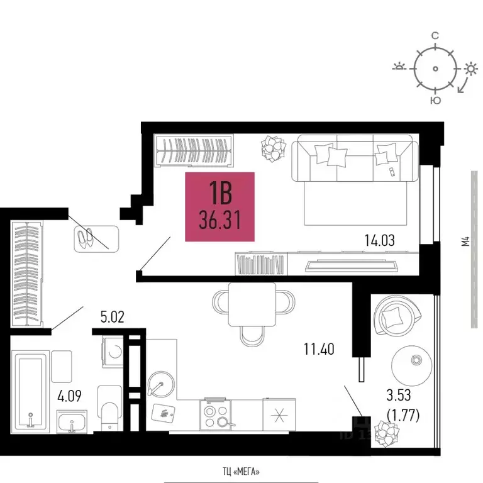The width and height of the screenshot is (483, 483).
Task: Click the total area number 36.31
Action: [x=219, y=219]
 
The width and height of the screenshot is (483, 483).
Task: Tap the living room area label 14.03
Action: [x=379, y=240]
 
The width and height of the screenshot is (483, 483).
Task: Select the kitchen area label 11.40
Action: [x=319, y=349]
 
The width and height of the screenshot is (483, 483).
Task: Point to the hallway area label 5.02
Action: [x=113, y=317]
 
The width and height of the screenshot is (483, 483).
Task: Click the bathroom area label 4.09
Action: [x=69, y=396]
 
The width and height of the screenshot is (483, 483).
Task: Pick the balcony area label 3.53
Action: [x=399, y=395]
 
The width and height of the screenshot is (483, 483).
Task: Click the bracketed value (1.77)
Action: [x=403, y=416]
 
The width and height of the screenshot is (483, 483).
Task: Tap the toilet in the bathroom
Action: [x=110, y=408]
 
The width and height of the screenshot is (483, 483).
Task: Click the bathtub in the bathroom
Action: [x=30, y=392]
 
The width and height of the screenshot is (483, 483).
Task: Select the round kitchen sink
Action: [x=160, y=384]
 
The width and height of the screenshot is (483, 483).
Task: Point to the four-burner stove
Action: [x=216, y=414]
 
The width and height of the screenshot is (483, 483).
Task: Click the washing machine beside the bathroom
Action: [x=113, y=352]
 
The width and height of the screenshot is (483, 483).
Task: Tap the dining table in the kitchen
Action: [x=252, y=304]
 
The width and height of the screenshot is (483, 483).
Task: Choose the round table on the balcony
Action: [x=411, y=365]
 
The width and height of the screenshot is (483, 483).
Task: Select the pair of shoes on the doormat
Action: [x=86, y=238]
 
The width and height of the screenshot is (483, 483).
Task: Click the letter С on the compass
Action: [x=435, y=36]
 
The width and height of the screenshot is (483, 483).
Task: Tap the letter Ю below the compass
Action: [x=436, y=100]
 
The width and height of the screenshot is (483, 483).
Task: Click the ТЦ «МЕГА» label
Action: [x=241, y=471]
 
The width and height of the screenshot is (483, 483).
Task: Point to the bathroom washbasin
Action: [x=72, y=421]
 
